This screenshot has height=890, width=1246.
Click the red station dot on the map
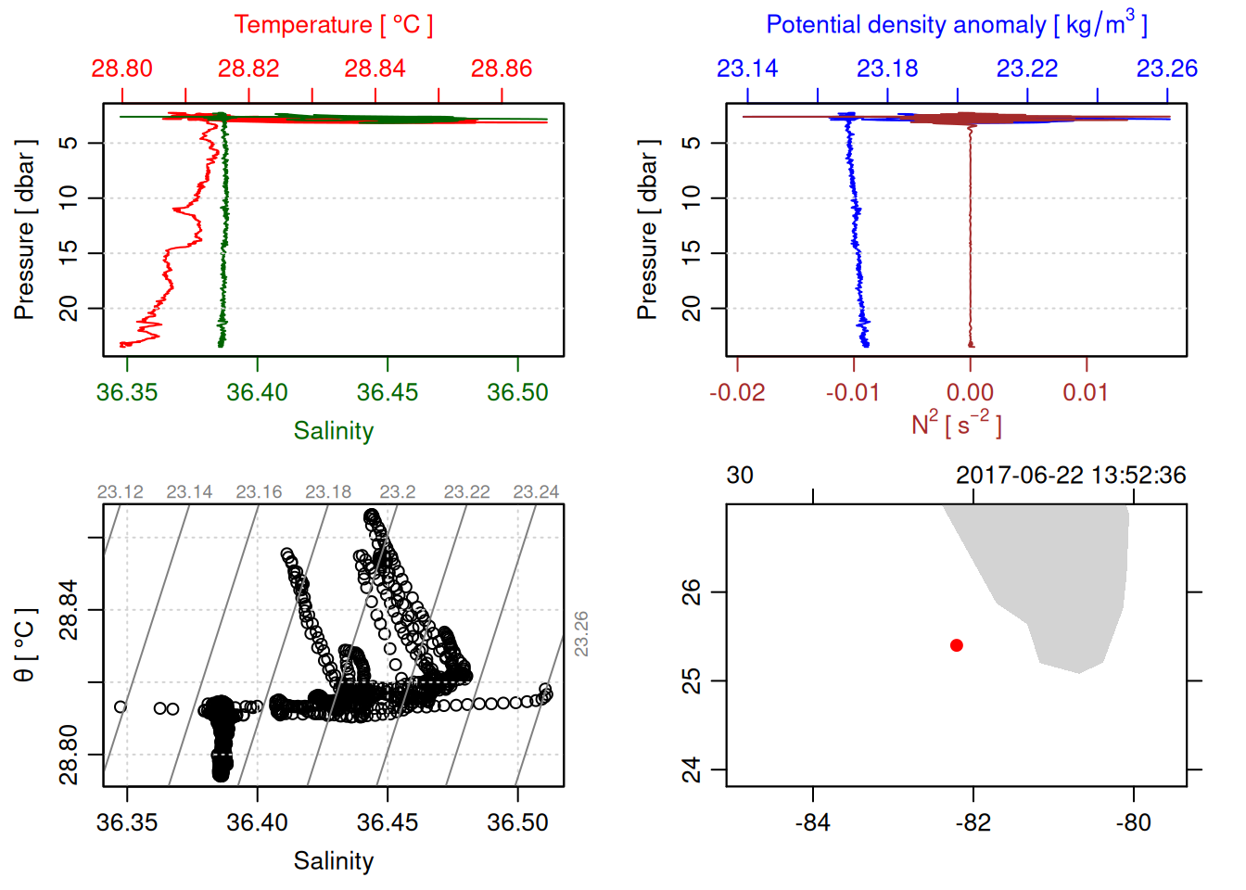[956, 645]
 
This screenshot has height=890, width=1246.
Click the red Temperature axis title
[333, 25]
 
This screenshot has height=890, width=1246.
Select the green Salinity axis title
[333, 431]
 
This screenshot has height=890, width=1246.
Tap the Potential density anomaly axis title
[956, 25]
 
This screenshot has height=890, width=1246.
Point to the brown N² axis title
[956, 424]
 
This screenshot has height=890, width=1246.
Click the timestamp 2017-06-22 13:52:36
[1070, 476]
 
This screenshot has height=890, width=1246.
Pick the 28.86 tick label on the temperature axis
[502, 69]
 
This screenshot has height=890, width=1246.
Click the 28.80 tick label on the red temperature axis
[122, 69]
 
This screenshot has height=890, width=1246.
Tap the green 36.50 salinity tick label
[517, 392]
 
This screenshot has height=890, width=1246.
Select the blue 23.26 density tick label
[1166, 69]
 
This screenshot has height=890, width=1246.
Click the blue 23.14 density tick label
[747, 69]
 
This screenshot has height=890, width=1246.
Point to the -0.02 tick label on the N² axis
[737, 392]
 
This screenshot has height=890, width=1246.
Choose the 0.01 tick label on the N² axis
[1086, 392]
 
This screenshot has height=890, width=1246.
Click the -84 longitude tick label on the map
[812, 822]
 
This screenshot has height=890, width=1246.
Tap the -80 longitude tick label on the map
[1133, 822]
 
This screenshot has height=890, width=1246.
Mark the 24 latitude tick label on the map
[692, 769]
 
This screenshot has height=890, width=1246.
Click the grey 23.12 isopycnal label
[121, 492]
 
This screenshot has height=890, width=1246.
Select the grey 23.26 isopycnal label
[581, 633]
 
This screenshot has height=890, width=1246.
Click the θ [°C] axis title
[24, 645]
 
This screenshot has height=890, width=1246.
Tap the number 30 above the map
[740, 476]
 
